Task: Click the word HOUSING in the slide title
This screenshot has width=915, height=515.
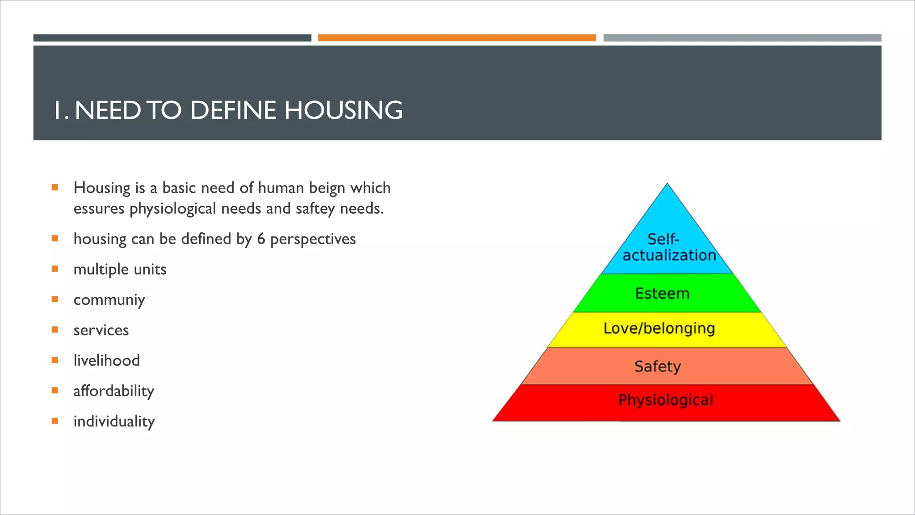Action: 343,110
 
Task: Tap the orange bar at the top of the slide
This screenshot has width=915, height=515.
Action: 457,38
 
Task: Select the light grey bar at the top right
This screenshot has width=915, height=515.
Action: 742,38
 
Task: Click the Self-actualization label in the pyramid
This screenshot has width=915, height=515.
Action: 668,247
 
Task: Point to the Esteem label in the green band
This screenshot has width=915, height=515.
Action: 662,294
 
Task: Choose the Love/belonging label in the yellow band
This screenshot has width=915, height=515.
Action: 659,329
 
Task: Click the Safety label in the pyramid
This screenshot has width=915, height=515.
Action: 657,367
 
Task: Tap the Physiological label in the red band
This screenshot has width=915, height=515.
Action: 665,400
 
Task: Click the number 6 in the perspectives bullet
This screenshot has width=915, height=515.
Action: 261,239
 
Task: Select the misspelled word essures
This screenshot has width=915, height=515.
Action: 99,209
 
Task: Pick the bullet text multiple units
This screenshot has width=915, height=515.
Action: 120,270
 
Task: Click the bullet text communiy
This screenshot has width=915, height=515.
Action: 109,300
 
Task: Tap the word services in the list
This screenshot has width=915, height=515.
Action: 101,330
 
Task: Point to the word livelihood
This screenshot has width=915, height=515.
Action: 106,361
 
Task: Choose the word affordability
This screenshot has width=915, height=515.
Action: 113,391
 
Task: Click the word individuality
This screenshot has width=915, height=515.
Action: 114,422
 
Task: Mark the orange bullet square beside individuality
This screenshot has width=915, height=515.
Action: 55,421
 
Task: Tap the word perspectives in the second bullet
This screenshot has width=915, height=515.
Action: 313,239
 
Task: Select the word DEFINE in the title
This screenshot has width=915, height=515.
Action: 233,110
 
